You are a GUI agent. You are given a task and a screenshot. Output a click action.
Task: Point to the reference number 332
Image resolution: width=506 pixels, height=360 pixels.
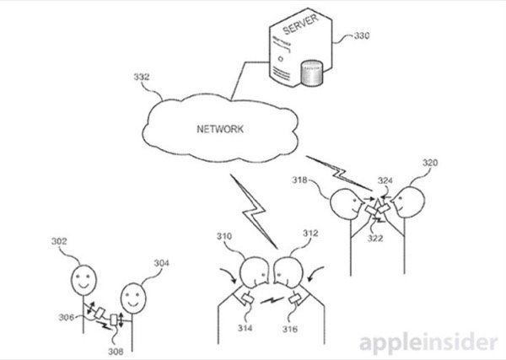tap(142, 78)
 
